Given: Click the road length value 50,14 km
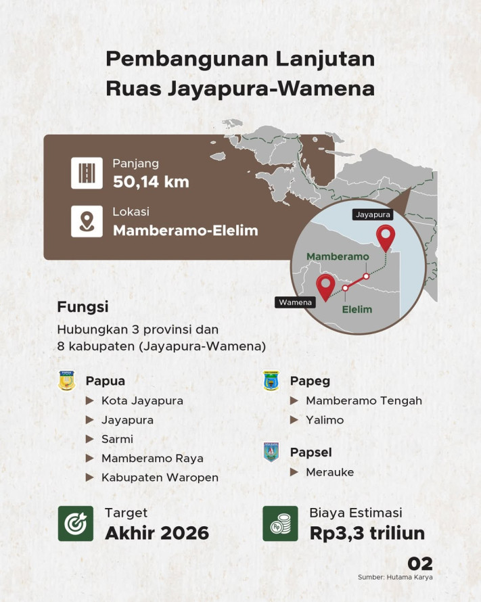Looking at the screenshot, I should pos(151,182).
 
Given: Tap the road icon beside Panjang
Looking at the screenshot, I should pos(87,173).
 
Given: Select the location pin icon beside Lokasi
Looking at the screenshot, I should pos(87,221).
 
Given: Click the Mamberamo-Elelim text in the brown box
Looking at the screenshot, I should pos(185,230).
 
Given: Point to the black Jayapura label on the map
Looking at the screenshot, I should pos(373,215).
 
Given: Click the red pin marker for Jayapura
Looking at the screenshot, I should pos(386,237).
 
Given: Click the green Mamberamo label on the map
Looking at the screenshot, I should pos(338,257).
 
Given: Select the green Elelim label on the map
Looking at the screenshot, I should pos(357,310).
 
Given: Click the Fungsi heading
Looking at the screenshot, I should pos(83,307).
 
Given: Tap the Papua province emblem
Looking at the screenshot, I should pos(67,381).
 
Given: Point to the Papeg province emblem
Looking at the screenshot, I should pos(271,381).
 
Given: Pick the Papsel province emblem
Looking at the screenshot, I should pos(271,452).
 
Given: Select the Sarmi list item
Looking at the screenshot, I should pos(117,439).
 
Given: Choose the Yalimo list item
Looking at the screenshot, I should pos(325,420).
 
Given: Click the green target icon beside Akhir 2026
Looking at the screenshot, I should pos(76,523).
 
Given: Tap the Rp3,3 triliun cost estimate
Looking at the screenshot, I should pos(367,533).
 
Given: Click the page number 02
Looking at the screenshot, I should pos(419,563).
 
